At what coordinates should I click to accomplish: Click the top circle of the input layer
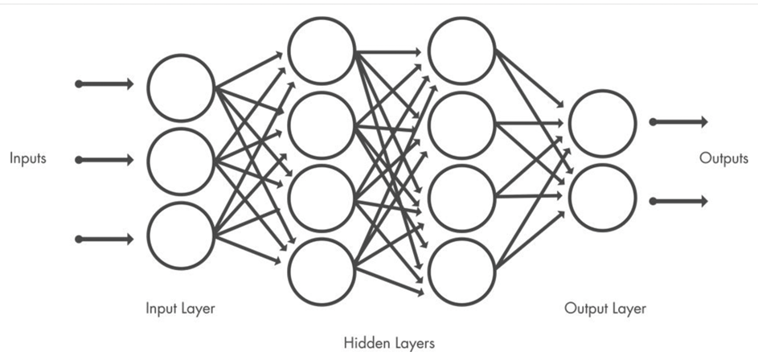click(182, 87)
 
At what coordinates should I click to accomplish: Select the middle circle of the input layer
click(182, 161)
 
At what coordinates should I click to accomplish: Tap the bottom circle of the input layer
click(182, 235)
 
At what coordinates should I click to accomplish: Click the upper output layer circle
click(602, 124)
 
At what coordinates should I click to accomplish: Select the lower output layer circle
click(602, 198)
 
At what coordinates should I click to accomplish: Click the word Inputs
click(28, 159)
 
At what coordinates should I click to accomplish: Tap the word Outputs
click(723, 159)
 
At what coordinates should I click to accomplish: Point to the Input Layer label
click(181, 309)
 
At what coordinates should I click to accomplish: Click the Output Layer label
click(604, 309)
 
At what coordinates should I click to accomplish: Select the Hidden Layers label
click(389, 344)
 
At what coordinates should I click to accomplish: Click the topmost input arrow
click(104, 84)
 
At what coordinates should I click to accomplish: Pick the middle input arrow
click(104, 160)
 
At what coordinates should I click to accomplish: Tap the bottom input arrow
click(104, 239)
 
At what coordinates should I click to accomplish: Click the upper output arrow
click(679, 122)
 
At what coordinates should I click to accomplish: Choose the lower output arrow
click(679, 201)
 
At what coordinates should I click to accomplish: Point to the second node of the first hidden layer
click(322, 125)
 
